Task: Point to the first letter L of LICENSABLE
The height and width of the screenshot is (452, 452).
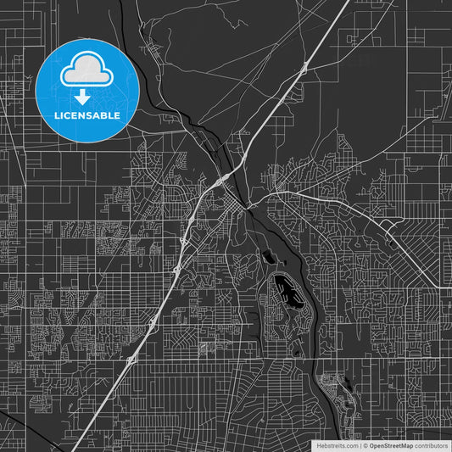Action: point(57,114)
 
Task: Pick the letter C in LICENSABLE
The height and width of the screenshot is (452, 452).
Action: point(66,114)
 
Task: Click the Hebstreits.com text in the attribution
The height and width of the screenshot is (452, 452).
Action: point(338,445)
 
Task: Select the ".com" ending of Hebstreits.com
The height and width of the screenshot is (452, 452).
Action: point(351,445)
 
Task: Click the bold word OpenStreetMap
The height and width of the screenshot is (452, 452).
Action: point(392,445)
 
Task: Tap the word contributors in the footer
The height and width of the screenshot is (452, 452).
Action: point(432,445)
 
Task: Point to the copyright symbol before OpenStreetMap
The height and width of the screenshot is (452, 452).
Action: point(366,445)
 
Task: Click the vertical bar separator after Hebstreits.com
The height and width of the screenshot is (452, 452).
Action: point(361,445)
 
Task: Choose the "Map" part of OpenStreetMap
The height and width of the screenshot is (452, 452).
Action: point(407,445)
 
